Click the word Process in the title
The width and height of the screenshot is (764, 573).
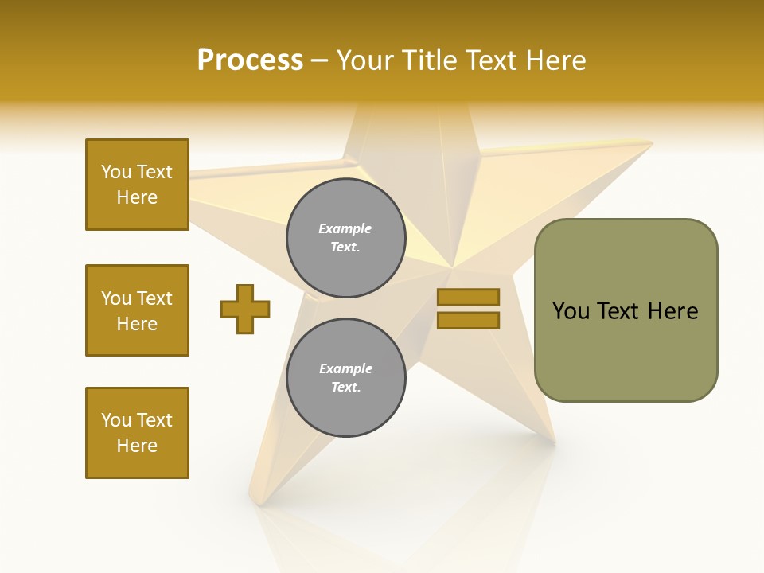250,60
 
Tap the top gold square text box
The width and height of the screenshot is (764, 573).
137,185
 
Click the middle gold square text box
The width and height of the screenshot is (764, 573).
137,310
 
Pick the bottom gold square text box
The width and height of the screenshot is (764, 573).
137,433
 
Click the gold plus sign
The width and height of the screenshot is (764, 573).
245,308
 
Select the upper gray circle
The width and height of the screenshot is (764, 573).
346,238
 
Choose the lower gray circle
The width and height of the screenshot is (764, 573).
346,378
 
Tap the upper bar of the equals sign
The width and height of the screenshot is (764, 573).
468,297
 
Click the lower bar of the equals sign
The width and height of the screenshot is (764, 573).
468,320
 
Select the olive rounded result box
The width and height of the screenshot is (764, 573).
626,310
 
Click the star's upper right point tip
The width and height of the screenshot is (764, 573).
650,143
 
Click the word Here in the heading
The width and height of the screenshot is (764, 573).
554,60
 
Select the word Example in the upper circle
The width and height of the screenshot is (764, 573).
345,228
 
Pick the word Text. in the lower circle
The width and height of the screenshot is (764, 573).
345,388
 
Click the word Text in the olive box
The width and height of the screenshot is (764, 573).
618,310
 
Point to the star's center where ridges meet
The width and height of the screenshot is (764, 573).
452,267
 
